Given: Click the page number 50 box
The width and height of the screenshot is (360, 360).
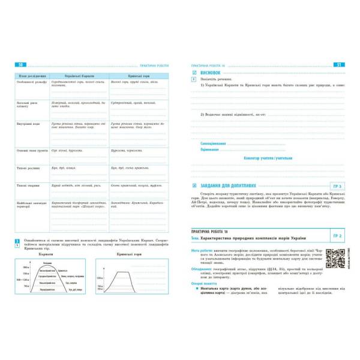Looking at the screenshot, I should tap(21, 64).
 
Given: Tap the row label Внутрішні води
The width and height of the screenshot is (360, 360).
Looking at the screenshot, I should tap(28, 124).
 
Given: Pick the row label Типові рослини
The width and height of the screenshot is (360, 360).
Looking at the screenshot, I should tap(28, 169).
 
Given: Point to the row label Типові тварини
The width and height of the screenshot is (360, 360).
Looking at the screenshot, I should tap(28, 185).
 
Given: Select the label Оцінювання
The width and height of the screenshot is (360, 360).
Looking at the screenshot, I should tap(209, 150).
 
